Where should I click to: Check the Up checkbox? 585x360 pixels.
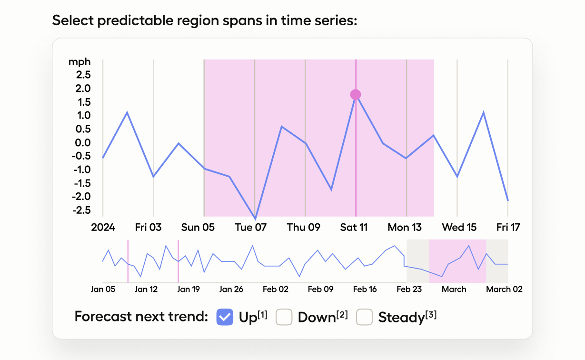point(225,317)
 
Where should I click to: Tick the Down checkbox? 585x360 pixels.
point(284,317)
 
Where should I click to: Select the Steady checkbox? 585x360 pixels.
point(365,317)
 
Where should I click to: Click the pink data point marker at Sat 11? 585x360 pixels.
point(356,95)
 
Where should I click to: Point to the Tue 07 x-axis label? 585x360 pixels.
point(251,228)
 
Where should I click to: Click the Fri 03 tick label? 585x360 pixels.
point(149,228)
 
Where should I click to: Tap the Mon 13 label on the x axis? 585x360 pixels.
point(405,228)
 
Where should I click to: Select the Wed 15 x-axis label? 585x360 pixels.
point(459,228)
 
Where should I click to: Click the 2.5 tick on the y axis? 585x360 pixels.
point(81,75)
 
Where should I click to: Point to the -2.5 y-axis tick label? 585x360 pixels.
point(79,210)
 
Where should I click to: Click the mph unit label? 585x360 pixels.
point(79,62)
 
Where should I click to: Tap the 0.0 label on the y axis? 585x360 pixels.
point(81,143)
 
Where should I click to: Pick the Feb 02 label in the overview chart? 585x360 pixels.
point(276,289)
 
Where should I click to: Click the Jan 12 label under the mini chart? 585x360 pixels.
point(147,289)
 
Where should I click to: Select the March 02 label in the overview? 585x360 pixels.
point(504,289)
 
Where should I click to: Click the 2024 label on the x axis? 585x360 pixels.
point(103,228)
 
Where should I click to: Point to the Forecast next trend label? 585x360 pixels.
point(141,317)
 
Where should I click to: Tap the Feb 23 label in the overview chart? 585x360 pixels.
point(409,289)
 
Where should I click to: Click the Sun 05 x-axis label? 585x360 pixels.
point(198,228)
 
